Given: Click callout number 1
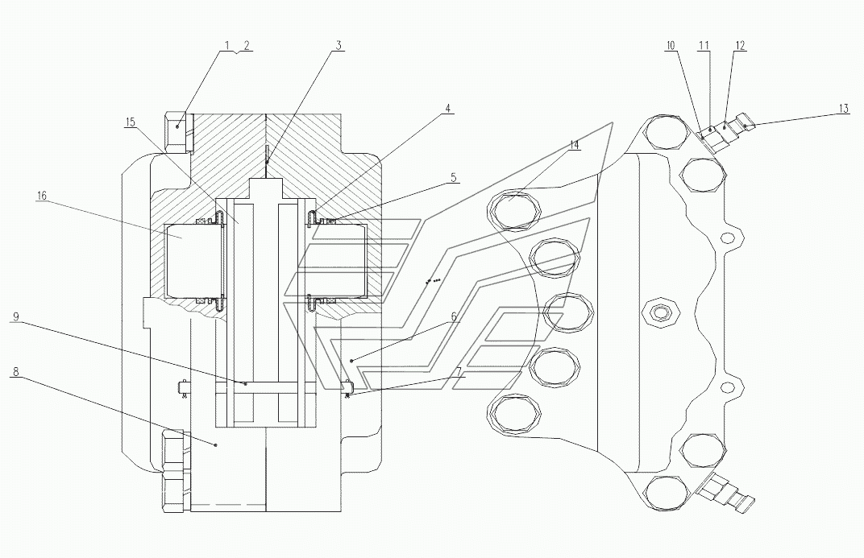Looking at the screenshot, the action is coord(226,45).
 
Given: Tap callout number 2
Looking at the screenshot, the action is coord(247,45).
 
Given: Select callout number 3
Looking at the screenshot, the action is coord(339,45).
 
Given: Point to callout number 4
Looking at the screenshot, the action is coord(448,108).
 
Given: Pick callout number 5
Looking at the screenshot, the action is coord(454,177).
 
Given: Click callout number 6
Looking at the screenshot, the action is coord(454,316).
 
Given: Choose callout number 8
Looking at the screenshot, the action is coord(15,372).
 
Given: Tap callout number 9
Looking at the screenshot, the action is coord(15,316).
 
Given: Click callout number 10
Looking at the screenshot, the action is coord(670,45).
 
